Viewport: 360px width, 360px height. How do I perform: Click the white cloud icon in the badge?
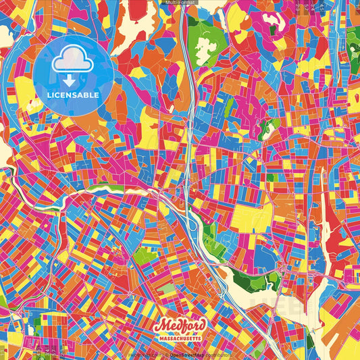[x=74, y=61]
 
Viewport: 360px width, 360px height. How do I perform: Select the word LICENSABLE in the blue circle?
[x=74, y=95]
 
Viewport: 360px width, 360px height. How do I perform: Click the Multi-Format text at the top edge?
[x=180, y=3]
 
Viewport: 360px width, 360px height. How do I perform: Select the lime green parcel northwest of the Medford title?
[x=143, y=256]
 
